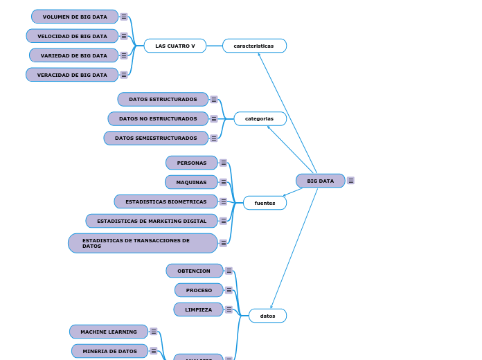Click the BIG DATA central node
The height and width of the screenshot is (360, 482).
[x=320, y=181]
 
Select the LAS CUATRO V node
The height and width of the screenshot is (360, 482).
[x=175, y=46]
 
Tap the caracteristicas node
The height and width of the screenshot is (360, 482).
[x=254, y=46]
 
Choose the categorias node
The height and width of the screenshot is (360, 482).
[x=260, y=118]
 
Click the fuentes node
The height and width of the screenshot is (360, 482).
[x=265, y=203]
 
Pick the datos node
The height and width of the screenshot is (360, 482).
[x=267, y=316]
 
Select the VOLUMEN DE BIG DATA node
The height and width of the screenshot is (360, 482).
[x=75, y=17]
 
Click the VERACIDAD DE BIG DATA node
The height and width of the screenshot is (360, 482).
[x=72, y=75]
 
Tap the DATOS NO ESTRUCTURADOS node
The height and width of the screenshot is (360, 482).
[x=158, y=118]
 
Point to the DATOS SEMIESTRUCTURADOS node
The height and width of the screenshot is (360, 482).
[x=156, y=138]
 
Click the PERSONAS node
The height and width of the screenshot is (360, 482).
[x=192, y=163]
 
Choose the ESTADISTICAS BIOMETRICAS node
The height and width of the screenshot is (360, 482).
[x=166, y=201]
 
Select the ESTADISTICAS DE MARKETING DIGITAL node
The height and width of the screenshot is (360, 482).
[x=152, y=221]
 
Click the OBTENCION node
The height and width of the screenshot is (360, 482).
[x=194, y=271]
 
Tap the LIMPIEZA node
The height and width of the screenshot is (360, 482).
[x=199, y=309]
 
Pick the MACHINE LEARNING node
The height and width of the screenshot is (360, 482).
[x=109, y=332]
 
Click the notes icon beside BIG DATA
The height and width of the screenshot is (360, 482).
[x=351, y=181]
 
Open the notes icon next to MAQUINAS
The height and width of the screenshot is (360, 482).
[x=223, y=182]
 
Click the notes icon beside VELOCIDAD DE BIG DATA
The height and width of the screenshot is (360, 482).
[x=124, y=36]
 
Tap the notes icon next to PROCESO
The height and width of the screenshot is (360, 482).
[x=229, y=290]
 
